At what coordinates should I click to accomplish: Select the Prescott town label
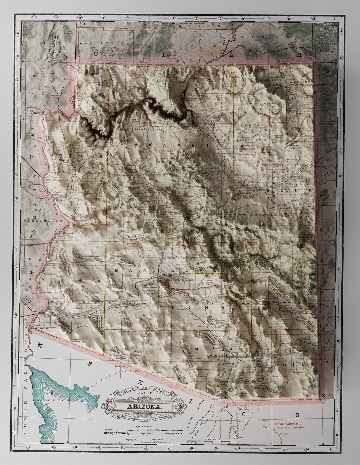tap(144, 210)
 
